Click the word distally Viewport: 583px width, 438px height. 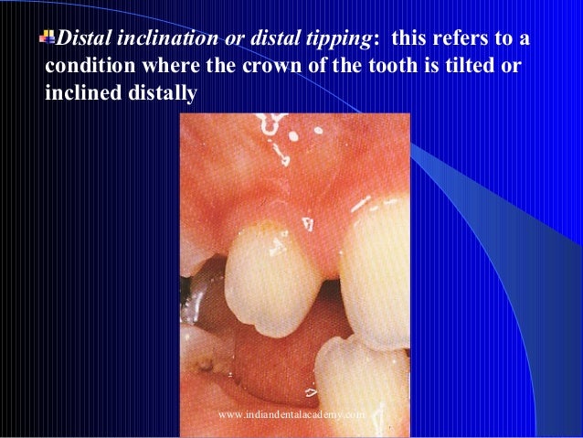point(161,93)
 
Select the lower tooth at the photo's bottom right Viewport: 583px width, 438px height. point(361,384)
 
